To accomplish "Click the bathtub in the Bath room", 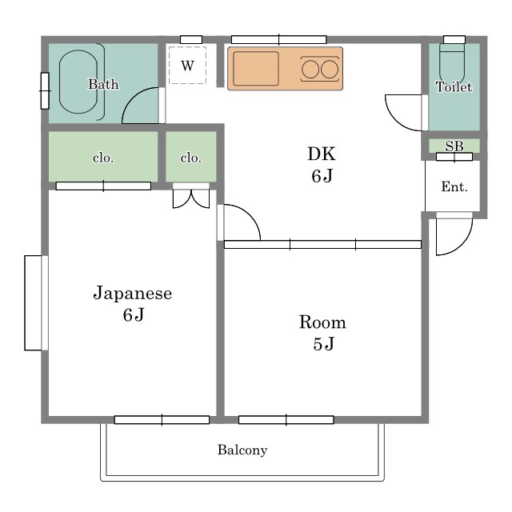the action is click(x=78, y=82).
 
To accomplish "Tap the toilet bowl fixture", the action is click(x=451, y=64).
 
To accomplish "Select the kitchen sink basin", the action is click(x=256, y=69).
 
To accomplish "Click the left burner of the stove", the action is click(x=310, y=70).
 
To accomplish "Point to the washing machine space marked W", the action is click(x=187, y=66).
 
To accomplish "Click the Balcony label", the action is click(x=242, y=450).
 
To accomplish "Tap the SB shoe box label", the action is click(x=454, y=146).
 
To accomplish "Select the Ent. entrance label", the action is click(x=454, y=186).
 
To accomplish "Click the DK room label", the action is click(x=322, y=154).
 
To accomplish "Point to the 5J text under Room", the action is click(x=323, y=344).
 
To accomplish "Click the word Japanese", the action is click(x=133, y=293).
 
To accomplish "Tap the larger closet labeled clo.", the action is click(x=103, y=157).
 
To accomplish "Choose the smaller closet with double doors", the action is click(x=191, y=157).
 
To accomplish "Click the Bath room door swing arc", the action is click(x=134, y=97).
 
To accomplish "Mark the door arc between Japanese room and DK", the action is click(x=250, y=215).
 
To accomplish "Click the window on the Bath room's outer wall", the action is click(x=45, y=90).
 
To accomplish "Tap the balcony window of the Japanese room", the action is click(x=162, y=419).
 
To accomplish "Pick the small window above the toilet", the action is click(x=454, y=39).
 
